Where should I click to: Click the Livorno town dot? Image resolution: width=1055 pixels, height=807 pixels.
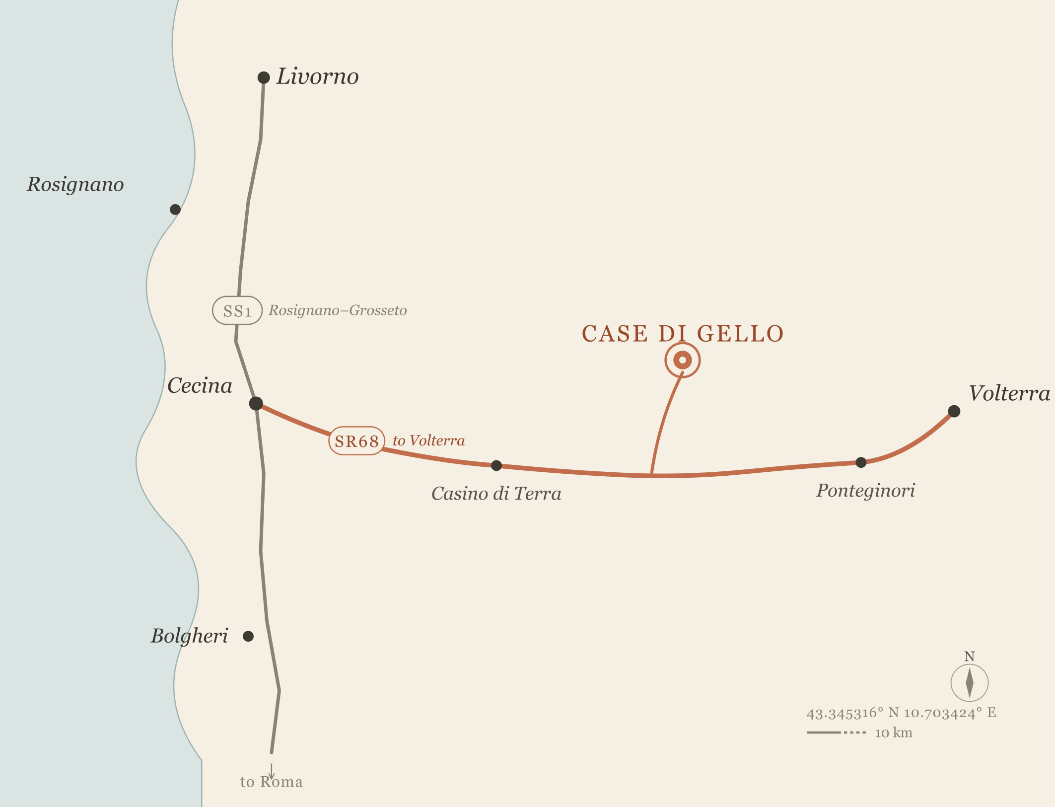tap(264, 77)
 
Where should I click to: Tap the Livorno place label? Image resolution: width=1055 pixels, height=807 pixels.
tap(317, 76)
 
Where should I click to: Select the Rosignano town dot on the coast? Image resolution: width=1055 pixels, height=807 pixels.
tap(175, 210)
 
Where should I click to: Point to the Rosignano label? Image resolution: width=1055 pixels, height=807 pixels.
tap(75, 184)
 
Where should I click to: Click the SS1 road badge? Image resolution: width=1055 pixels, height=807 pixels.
tap(237, 311)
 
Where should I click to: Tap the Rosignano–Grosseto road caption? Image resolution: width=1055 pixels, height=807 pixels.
tap(338, 310)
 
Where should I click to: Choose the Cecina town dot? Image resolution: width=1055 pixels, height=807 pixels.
tap(256, 403)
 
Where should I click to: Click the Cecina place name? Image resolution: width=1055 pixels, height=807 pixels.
tap(200, 386)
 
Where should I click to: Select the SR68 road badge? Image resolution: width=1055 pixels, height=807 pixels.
tap(356, 441)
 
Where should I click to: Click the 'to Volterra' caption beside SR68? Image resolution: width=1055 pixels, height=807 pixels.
tap(428, 440)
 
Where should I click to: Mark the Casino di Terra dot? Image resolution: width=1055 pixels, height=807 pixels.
tap(496, 465)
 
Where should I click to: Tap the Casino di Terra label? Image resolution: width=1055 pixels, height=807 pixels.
tap(496, 494)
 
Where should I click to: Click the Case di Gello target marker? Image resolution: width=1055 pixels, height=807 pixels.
tap(683, 360)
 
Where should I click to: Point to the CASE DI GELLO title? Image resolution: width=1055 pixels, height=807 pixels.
tap(683, 334)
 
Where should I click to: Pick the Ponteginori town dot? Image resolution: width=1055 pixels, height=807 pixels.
tap(861, 462)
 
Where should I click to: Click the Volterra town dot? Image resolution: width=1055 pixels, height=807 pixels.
tap(954, 411)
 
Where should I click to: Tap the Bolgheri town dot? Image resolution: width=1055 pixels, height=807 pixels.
tap(248, 636)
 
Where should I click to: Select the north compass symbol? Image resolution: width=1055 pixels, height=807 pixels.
tap(970, 682)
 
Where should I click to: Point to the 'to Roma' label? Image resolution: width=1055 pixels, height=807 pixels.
tap(272, 782)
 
